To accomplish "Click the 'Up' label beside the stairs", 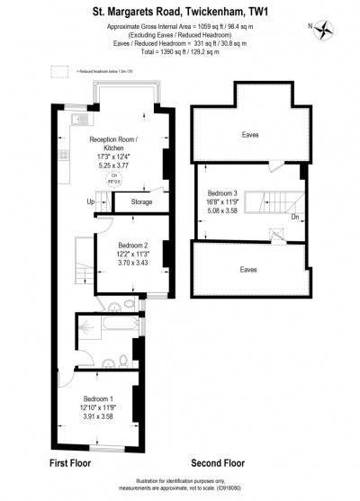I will (x=90, y=202).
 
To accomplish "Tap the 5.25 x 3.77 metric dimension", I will (x=114, y=166).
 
